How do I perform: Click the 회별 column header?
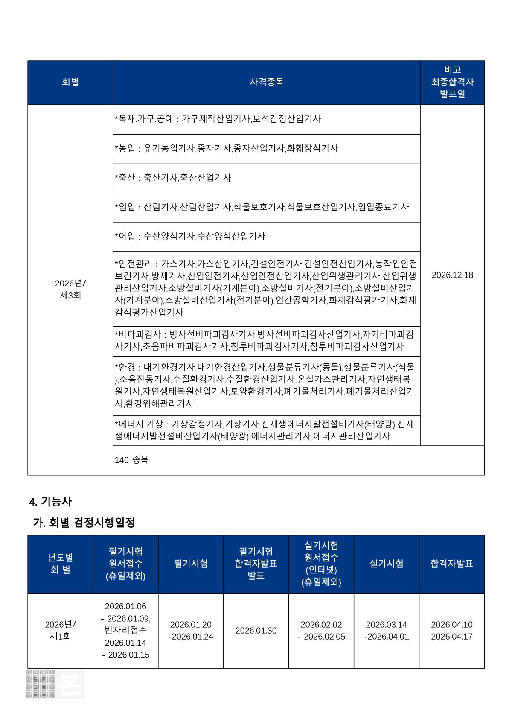(70, 82)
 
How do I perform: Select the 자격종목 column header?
(267, 82)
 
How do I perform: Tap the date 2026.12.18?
(452, 275)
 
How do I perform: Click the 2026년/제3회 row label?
(70, 289)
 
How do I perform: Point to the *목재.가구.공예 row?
(218, 119)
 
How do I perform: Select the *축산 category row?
(173, 178)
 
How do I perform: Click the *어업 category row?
(190, 236)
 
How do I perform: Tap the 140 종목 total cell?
(132, 460)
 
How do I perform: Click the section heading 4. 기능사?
(50, 502)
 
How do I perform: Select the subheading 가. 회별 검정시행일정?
(84, 522)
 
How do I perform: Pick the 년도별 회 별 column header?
(60, 564)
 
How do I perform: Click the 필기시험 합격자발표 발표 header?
(256, 564)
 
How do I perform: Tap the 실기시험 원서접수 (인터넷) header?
(321, 564)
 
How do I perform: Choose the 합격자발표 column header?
(452, 564)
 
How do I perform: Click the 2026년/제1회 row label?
(60, 630)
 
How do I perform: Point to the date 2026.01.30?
(256, 631)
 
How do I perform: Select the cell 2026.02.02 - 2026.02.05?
(321, 631)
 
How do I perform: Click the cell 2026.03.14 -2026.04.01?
(387, 631)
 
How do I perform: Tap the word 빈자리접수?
(125, 630)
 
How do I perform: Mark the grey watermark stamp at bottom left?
(55, 684)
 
